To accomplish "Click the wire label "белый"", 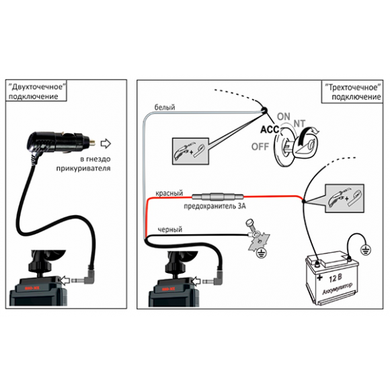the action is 165,108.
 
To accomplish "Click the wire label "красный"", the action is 169,193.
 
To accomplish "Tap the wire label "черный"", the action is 170,229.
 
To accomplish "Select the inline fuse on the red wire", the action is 218,197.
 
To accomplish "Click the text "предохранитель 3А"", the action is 214,206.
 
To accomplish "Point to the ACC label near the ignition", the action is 270,129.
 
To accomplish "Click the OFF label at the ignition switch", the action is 260,147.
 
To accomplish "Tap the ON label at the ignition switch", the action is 284,116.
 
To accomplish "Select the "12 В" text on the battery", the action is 336,278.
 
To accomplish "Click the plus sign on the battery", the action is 319,277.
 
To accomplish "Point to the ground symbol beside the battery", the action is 365,249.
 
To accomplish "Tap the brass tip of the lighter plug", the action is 93,143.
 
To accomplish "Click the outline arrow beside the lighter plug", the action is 106,143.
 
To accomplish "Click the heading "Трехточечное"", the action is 353,87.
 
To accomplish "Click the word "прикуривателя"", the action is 83,168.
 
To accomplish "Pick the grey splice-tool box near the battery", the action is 344,198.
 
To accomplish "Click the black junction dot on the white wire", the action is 264,110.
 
